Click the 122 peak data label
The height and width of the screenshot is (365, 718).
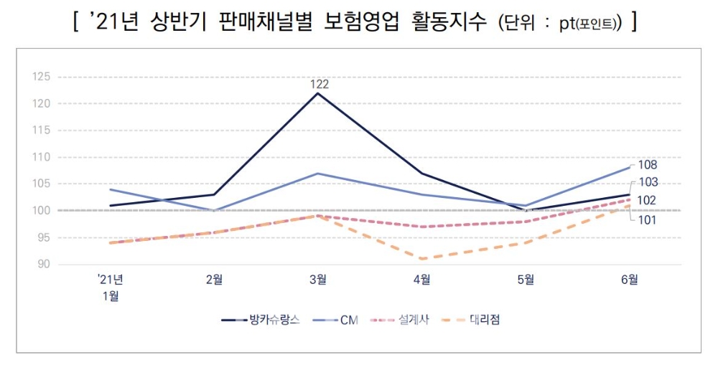coord(319,84)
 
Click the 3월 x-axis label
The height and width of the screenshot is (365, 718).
coord(319,280)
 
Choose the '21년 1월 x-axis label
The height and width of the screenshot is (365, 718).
coord(111,287)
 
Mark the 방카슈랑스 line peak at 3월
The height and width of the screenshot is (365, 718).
coord(318,93)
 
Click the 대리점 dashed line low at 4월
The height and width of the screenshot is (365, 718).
coord(422,259)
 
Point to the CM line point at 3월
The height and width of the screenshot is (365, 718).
coord(318,174)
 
